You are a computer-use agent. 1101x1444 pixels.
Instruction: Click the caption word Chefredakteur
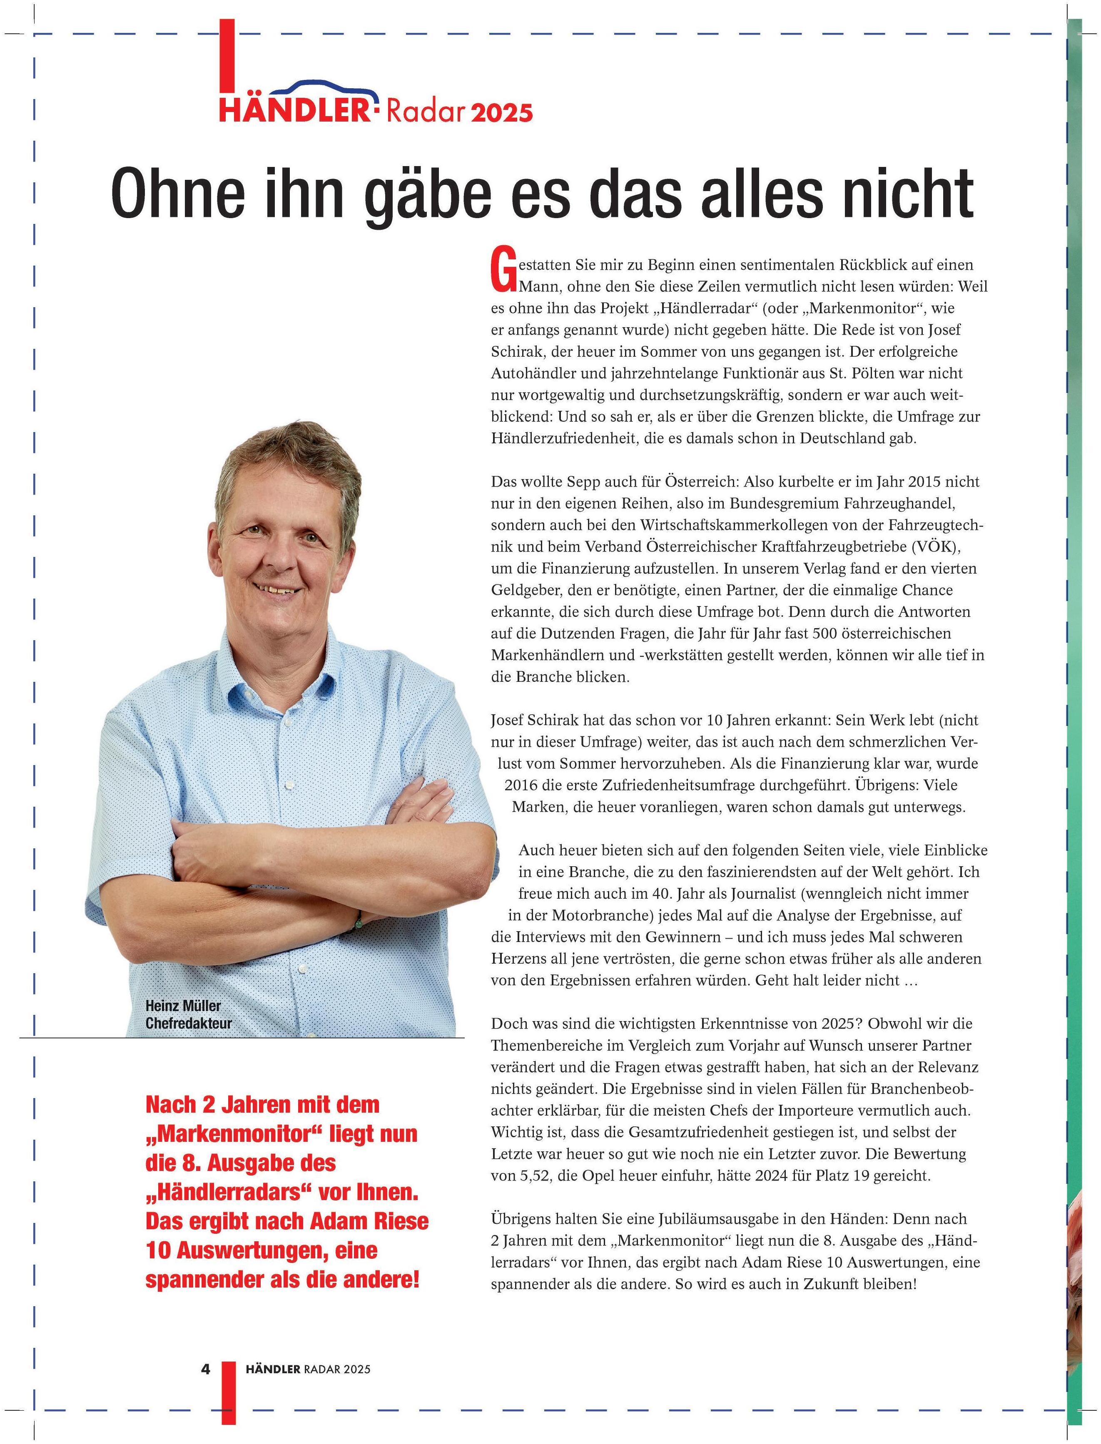click(x=189, y=1023)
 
